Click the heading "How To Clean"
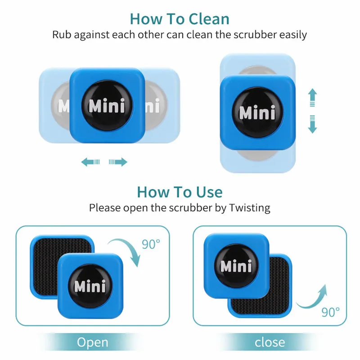pos(180,18)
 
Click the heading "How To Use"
pos(180,192)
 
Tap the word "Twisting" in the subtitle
pos(250,208)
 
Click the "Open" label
pos(93,342)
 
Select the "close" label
pos(270,342)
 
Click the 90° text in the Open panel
pos(151,244)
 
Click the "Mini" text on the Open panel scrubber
pos(90,286)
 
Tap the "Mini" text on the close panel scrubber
pos(236,266)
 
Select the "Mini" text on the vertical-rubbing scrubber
pos(257,112)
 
